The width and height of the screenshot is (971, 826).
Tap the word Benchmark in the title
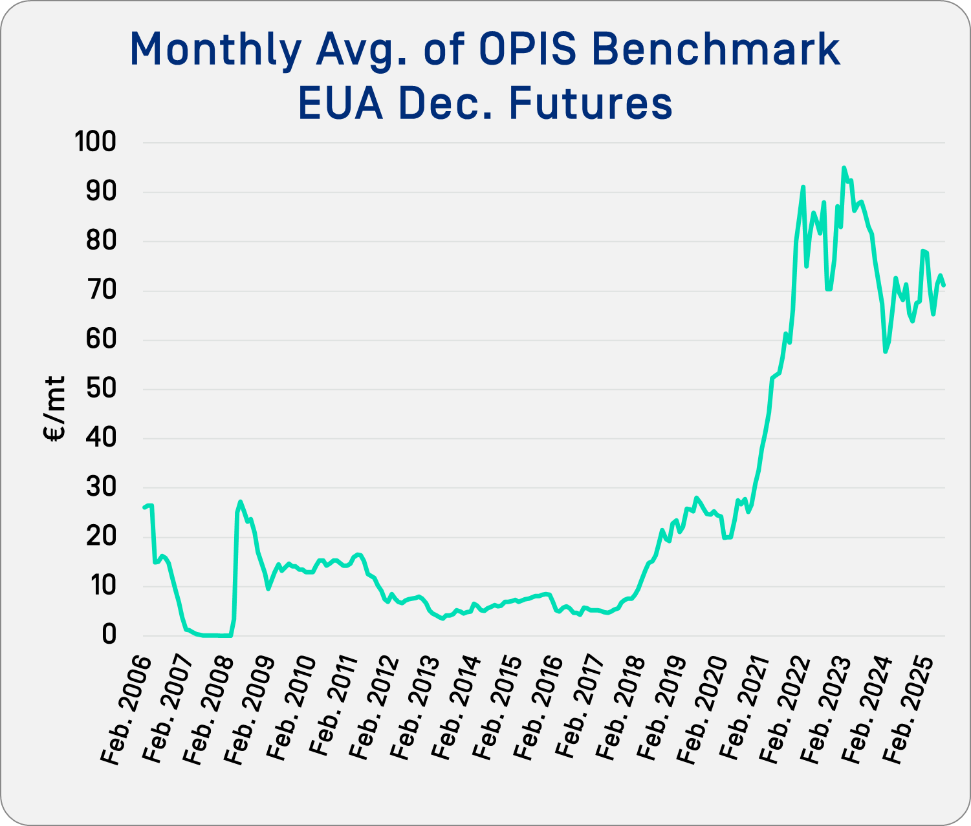pos(716,49)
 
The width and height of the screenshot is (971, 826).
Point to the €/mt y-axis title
pos(56,408)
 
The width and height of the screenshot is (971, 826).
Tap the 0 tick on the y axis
pos(109,635)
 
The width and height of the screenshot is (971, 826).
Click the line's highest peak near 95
pos(844,168)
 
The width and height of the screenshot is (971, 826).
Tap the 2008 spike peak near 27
pos(240,502)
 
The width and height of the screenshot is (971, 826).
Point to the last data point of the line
pos(944,285)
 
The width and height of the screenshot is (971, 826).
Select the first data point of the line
pos(144,507)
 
